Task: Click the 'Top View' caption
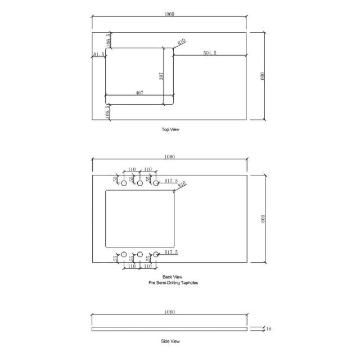pos(170,129)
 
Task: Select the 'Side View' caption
pos(170,341)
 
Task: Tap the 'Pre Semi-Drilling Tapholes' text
pos(170,283)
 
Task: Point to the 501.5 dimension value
pos(209,53)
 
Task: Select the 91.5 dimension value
pos(98,55)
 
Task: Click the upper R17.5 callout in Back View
pos(171,181)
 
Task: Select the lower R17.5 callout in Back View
pos(171,253)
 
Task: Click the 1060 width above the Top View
pos(170,14)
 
